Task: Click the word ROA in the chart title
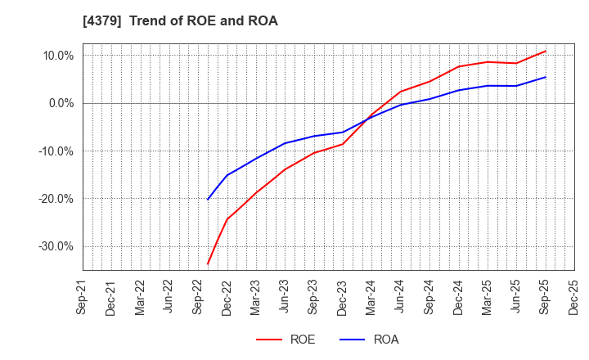262,21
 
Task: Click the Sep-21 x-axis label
83,297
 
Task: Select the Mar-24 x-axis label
370,297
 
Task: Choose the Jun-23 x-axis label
284,297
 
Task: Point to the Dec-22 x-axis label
227,297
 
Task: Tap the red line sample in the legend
268,340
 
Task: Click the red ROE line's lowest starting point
208,263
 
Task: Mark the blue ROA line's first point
208,199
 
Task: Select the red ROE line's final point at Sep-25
545,51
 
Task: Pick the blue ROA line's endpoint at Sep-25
545,77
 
